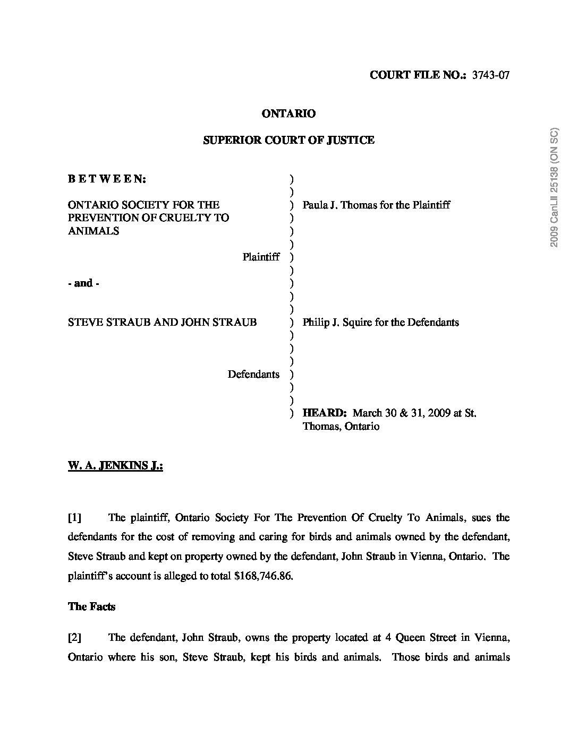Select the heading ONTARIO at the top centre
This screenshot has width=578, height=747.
point(289,114)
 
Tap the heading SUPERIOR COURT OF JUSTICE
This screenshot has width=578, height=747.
point(289,140)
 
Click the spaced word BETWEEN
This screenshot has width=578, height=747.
point(107,179)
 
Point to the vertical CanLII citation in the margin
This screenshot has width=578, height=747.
point(555,188)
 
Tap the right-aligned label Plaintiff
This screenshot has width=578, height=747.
point(261,257)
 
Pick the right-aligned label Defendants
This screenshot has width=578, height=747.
point(253,374)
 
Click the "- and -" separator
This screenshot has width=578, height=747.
point(84,283)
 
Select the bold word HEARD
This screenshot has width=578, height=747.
point(325,413)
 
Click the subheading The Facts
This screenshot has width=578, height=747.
point(91,606)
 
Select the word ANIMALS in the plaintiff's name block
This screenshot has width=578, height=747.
point(93,231)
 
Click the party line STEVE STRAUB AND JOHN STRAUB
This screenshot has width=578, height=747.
point(163,322)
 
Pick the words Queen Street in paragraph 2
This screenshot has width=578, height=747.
point(426,637)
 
